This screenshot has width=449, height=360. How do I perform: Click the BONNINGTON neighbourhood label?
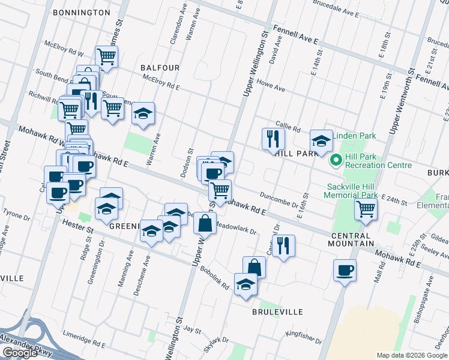(x=81, y=12)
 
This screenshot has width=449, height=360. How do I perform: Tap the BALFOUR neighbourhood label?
(x=160, y=68)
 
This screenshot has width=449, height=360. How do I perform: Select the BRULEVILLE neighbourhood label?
(x=277, y=312)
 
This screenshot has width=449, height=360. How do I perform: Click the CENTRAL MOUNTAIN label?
(x=351, y=244)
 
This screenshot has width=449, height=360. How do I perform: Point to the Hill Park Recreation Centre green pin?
(x=336, y=160)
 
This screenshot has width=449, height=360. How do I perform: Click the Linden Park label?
(x=357, y=136)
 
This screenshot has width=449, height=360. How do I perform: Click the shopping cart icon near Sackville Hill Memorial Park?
(x=366, y=209)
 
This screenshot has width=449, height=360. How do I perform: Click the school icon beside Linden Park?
(x=321, y=140)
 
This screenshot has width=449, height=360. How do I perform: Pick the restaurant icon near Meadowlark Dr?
(x=283, y=244)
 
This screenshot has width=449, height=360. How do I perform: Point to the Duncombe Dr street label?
(x=279, y=199)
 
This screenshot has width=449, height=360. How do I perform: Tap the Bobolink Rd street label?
(x=215, y=278)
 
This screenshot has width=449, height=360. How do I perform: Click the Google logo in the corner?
(x=19, y=353)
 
